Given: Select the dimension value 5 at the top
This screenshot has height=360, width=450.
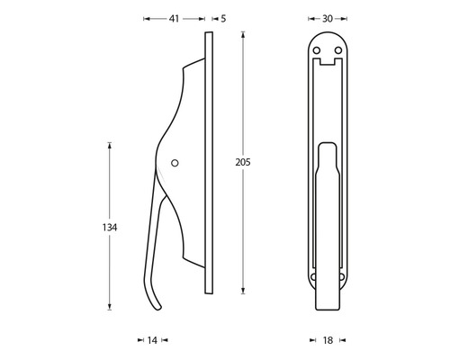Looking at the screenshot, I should click(x=222, y=18).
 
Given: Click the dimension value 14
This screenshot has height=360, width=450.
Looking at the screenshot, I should click(x=151, y=340).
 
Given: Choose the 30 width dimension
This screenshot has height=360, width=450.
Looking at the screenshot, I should click(x=327, y=18).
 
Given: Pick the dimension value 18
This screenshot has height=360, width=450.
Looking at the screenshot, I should click(x=327, y=340).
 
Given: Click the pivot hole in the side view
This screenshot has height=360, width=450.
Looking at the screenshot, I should click(x=175, y=164).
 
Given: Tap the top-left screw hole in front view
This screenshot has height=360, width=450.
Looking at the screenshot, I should click(x=317, y=50).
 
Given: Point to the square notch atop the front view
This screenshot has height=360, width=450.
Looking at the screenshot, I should click(x=327, y=63).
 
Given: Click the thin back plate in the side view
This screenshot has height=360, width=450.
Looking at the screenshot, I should click(x=210, y=162).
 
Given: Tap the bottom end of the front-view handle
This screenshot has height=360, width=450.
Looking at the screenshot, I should click(x=327, y=306).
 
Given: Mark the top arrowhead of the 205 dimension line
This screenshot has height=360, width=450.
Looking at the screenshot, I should click(x=243, y=34).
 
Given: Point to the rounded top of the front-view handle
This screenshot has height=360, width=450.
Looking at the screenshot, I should click(x=327, y=141).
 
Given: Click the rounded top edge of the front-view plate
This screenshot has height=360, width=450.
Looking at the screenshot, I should click(x=327, y=34).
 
